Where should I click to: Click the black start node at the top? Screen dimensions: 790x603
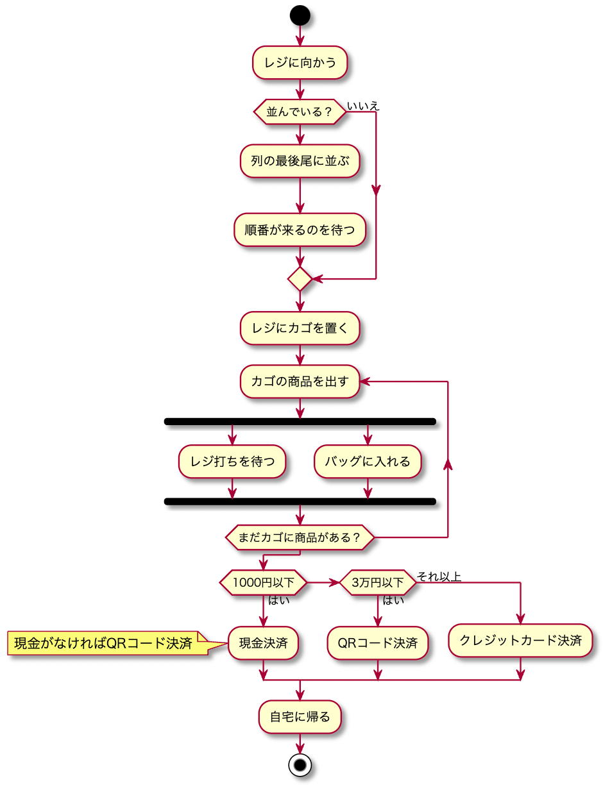[300, 15]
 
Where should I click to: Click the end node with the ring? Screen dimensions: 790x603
[300, 764]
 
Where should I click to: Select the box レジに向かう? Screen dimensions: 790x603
[300, 63]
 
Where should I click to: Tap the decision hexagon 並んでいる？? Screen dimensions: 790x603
[300, 112]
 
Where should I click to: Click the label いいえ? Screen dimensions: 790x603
[363, 106]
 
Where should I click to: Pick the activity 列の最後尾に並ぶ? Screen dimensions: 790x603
[300, 160]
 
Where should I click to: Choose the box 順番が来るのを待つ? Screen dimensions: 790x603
[300, 230]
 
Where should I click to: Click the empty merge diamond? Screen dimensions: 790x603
[300, 279]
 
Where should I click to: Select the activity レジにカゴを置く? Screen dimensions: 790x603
[300, 328]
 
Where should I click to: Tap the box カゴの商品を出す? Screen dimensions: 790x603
[300, 382]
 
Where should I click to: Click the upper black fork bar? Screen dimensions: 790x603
[300, 421]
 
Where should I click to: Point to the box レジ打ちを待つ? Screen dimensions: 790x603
[232, 461]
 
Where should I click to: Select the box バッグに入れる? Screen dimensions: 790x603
[368, 461]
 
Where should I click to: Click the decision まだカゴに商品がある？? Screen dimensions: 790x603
[300, 537]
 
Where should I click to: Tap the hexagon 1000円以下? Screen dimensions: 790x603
[263, 582]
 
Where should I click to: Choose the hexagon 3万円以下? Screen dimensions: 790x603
[378, 582]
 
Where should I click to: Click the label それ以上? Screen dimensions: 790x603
[439, 576]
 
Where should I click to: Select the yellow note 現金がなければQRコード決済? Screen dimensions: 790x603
[106, 643]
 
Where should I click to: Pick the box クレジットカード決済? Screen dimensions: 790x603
[520, 641]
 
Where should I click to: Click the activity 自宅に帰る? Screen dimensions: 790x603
[300, 716]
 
